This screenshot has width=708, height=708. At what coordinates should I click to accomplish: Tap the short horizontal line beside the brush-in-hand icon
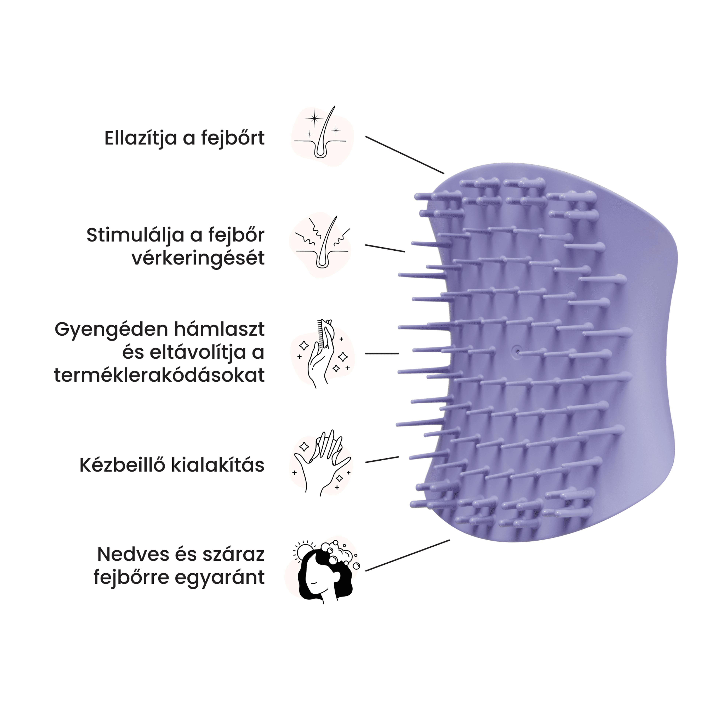382,353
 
